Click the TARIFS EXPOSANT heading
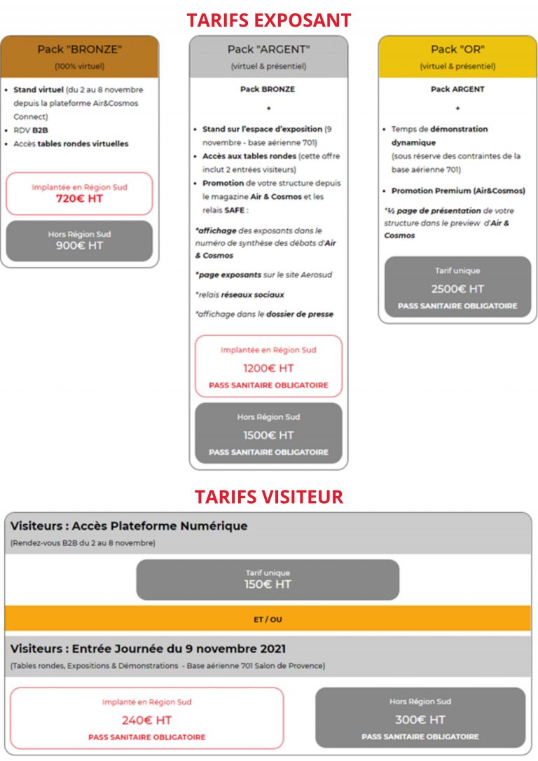pyautogui.click(x=269, y=20)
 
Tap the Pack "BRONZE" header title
pyautogui.click(x=79, y=49)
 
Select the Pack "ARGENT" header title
pyautogui.click(x=268, y=49)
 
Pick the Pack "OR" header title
pyautogui.click(x=457, y=49)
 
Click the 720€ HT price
pyautogui.click(x=79, y=199)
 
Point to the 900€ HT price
pyautogui.click(x=79, y=246)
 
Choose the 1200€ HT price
pyautogui.click(x=268, y=369)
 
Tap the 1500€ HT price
pyautogui.click(x=268, y=435)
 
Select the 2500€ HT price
pyautogui.click(x=457, y=289)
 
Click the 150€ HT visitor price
pyautogui.click(x=268, y=584)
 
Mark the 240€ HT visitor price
pyautogui.click(x=147, y=720)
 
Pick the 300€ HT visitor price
pyautogui.click(x=420, y=720)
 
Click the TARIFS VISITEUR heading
pyautogui.click(x=269, y=497)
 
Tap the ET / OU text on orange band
pyautogui.click(x=268, y=619)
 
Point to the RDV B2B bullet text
pyautogui.click(x=31, y=130)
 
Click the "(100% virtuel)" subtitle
pyautogui.click(x=79, y=67)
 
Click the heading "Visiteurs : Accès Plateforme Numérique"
pyautogui.click(x=129, y=526)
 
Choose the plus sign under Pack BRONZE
pyautogui.click(x=268, y=109)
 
